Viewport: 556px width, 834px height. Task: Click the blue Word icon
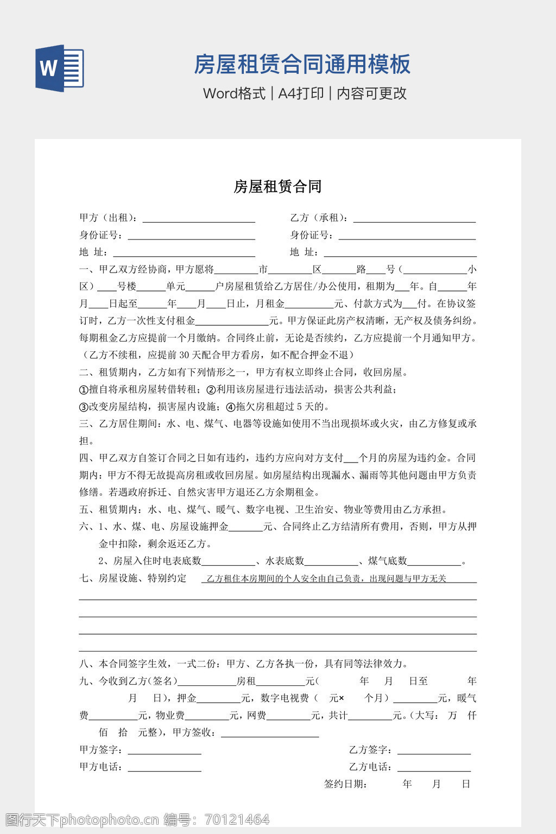pyautogui.click(x=60, y=68)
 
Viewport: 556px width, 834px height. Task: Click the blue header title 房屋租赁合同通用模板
pyautogui.click(x=302, y=64)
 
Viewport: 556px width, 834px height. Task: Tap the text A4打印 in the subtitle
pyautogui.click(x=301, y=93)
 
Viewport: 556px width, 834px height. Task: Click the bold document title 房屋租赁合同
pyautogui.click(x=277, y=187)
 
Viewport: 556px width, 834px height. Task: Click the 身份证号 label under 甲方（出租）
pyautogui.click(x=100, y=235)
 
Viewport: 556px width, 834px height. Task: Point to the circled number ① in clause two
pyautogui.click(x=84, y=389)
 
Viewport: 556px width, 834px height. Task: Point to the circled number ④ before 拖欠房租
pyautogui.click(x=230, y=407)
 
